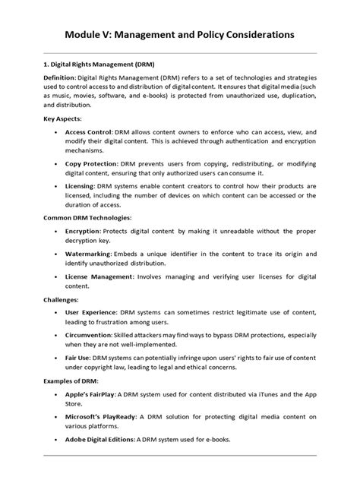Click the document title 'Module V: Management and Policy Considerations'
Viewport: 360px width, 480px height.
pos(179,35)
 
